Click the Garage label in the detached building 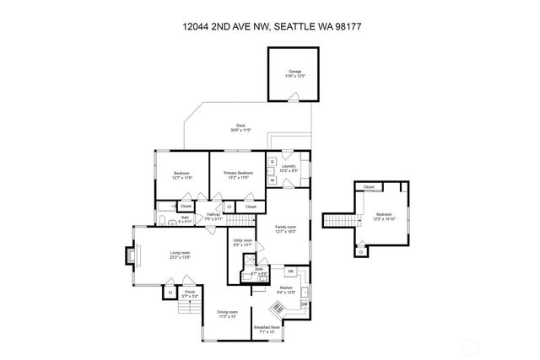295,73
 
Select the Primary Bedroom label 238,175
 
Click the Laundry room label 288,167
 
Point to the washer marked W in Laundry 273,180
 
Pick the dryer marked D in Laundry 273,162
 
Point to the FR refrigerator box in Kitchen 290,271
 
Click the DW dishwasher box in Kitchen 305,304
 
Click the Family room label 286,228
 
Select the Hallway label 213,216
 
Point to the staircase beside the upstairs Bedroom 335,221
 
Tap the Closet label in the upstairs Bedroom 369,187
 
